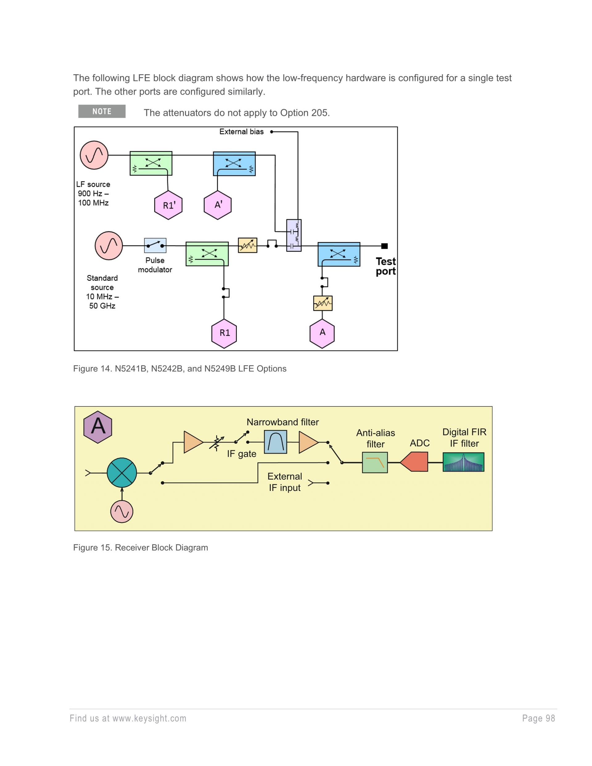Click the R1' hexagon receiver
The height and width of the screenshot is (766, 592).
click(x=168, y=205)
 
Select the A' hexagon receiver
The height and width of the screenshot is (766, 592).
click(x=218, y=205)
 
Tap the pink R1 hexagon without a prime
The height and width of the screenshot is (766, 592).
click(x=224, y=333)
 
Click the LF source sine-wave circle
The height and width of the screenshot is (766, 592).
click(x=94, y=155)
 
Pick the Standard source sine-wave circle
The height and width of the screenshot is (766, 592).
click(x=109, y=245)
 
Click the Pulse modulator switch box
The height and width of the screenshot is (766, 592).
click(x=155, y=245)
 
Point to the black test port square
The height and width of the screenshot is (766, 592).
click(x=384, y=246)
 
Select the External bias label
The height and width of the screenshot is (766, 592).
click(x=241, y=132)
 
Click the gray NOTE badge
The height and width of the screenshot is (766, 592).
click(x=102, y=112)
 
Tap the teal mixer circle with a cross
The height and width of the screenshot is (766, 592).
click(x=122, y=473)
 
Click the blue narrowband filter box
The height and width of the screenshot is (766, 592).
click(x=275, y=442)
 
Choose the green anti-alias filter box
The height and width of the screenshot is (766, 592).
click(x=375, y=463)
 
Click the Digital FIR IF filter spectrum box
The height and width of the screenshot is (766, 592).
click(x=463, y=462)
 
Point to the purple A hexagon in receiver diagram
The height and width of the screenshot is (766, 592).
click(x=98, y=427)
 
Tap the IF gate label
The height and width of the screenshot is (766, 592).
click(x=242, y=454)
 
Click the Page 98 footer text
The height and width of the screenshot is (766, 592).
click(x=538, y=718)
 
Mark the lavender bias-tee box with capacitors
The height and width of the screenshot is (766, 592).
click(x=294, y=235)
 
